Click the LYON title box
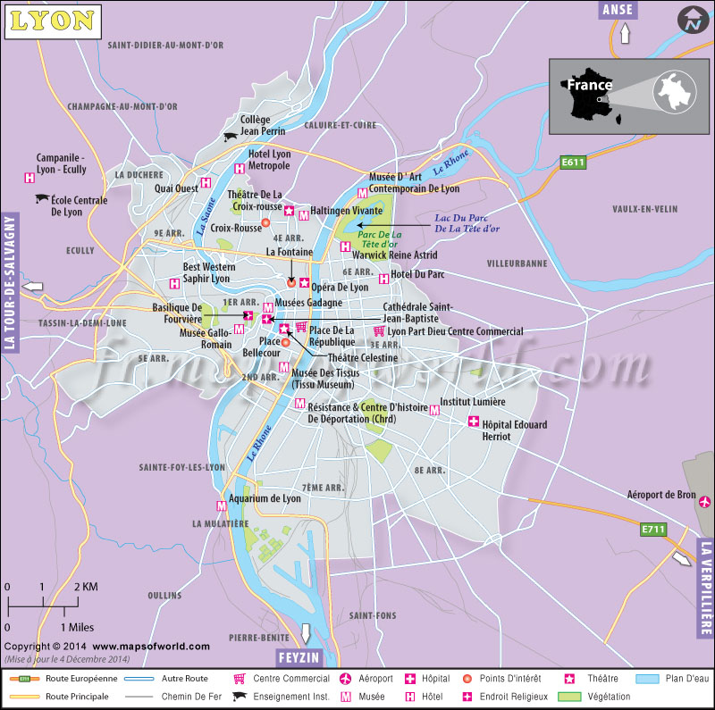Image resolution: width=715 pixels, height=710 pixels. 51,19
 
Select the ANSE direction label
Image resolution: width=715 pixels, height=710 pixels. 618,10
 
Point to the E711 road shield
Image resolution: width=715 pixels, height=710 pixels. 654,530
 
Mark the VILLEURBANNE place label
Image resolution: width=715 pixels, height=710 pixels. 517,264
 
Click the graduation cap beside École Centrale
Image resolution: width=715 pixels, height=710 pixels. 41,199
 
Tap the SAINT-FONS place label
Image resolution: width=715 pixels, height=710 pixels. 371,615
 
